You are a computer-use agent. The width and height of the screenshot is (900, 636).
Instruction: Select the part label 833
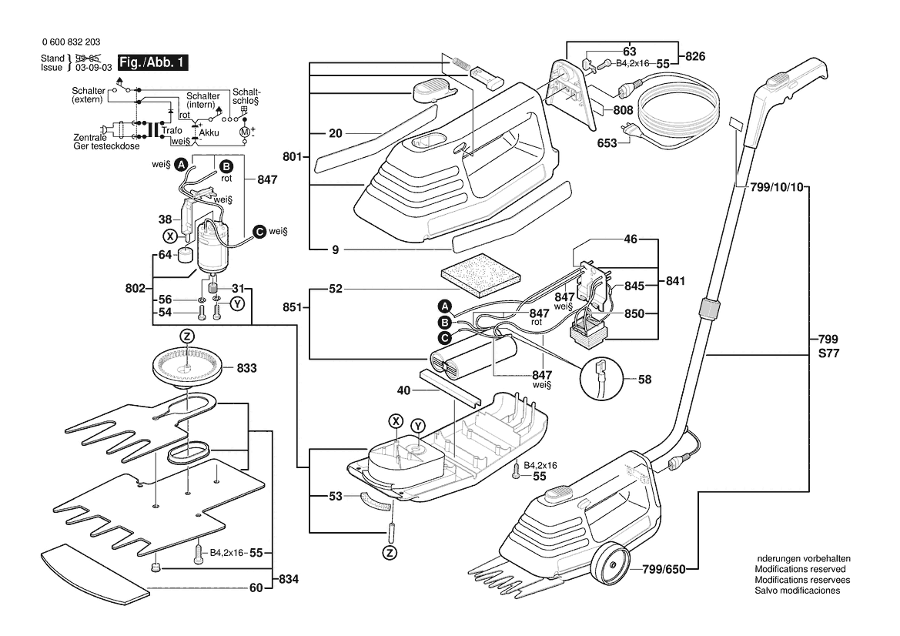pyautogui.click(x=246, y=369)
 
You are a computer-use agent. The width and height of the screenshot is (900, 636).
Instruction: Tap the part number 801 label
pyautogui.click(x=291, y=157)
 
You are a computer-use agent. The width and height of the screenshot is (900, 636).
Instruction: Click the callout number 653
pyautogui.click(x=607, y=143)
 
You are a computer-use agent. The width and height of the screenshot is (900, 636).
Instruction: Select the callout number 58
pyautogui.click(x=645, y=379)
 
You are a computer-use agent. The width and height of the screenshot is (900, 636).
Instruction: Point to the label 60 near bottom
pyautogui.click(x=256, y=588)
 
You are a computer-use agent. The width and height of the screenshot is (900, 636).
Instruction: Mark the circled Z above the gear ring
pyautogui.click(x=187, y=336)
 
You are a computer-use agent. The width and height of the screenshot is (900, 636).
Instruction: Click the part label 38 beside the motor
pyautogui.click(x=164, y=219)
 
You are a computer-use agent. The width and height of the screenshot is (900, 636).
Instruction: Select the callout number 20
pyautogui.click(x=335, y=133)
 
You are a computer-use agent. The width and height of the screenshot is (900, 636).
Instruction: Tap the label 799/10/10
pyautogui.click(x=770, y=186)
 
